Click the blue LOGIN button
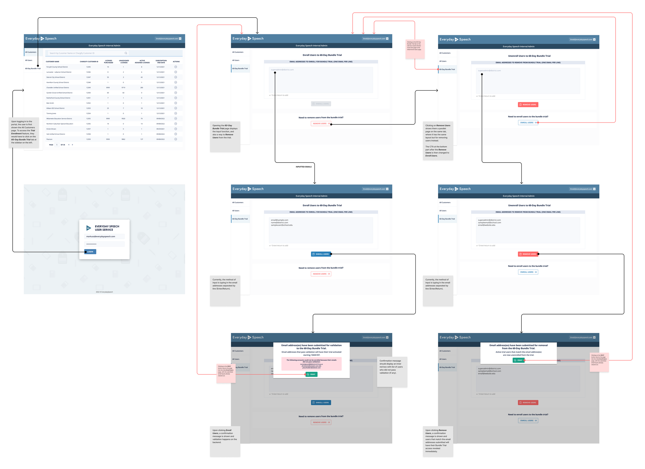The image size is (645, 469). point(90,252)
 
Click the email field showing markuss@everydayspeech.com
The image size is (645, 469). point(104,236)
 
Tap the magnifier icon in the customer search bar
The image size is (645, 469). point(126,53)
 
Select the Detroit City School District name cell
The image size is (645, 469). point(56,77)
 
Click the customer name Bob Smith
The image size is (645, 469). point(50,103)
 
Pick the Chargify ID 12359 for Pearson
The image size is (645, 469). point(88,139)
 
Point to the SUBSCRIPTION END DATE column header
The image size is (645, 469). point(161,61)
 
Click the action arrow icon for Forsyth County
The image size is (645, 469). point(175,67)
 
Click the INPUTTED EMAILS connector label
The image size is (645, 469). point(303,167)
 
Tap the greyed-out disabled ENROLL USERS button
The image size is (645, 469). point(321,104)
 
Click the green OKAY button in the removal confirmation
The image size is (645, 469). point(518,360)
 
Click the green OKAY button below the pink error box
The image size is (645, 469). point(311,374)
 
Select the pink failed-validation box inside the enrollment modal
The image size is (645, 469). point(311,364)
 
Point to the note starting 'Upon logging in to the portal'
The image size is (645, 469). point(24,132)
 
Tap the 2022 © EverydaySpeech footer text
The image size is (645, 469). point(104,292)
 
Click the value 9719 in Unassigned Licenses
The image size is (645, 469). point(123,88)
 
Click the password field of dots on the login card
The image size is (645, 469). point(104,244)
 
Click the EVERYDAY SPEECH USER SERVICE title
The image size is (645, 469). point(107,228)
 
